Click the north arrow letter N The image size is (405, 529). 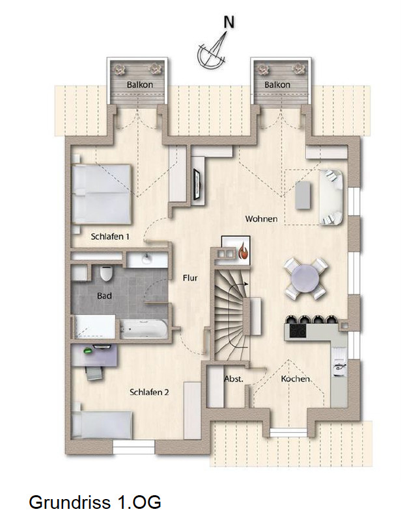point(229,21)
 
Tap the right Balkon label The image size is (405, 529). point(277,85)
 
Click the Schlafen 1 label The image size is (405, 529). point(110,237)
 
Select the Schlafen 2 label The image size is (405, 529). point(150,392)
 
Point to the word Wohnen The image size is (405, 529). point(261,219)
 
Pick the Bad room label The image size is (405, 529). point(104,296)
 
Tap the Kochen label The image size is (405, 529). point(296,379)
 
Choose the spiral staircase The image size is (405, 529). point(230,305)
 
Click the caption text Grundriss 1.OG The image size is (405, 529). point(94,502)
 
